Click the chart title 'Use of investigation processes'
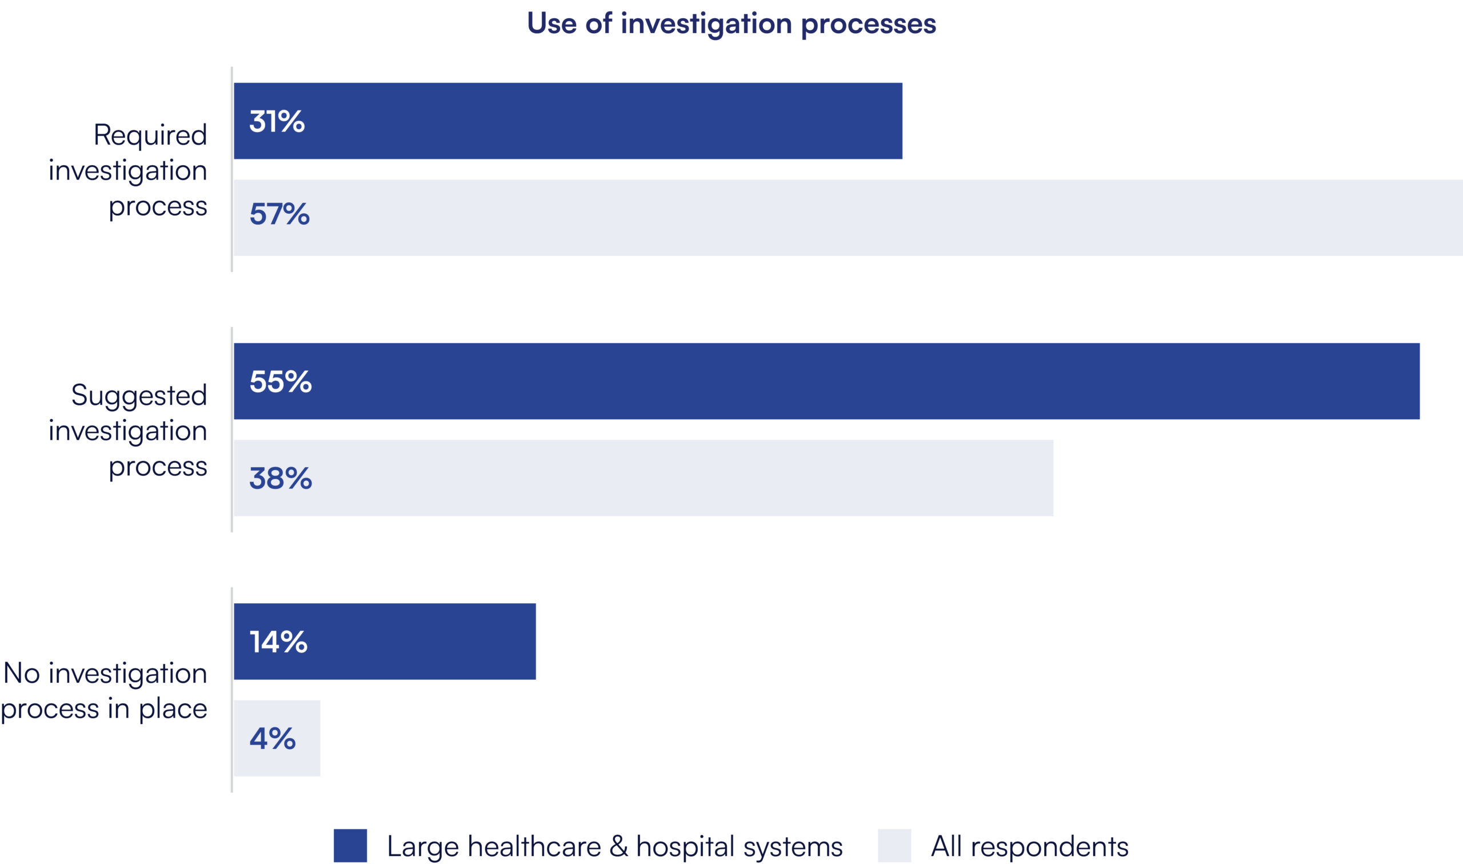point(731,24)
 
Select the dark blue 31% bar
point(567,121)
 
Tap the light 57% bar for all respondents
point(848,217)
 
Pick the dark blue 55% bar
point(826,381)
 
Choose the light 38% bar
point(643,477)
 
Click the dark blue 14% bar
point(385,641)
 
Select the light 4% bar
point(277,738)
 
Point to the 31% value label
point(277,121)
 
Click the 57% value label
point(280,214)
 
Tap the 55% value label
point(281,381)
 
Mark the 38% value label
point(281,478)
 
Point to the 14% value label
point(279,642)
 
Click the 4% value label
point(273,738)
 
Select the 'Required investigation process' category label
point(128,170)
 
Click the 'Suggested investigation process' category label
point(128,430)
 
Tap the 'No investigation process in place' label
point(104,691)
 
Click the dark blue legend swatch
point(350,845)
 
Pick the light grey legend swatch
point(894,845)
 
